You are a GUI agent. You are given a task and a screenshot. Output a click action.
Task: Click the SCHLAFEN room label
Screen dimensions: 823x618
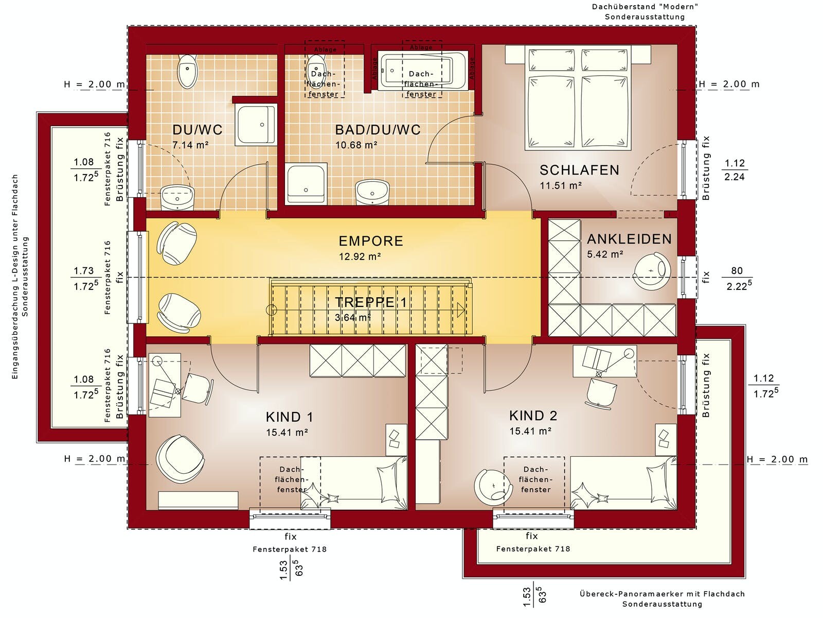pyautogui.click(x=579, y=170)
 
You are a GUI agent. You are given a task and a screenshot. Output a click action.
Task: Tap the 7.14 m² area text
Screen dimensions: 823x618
pyautogui.click(x=190, y=145)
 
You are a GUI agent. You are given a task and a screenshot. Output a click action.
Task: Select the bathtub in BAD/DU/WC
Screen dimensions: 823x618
pyautogui.click(x=423, y=71)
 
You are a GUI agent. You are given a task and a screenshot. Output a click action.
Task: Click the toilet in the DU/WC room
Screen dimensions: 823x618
pyautogui.click(x=187, y=71)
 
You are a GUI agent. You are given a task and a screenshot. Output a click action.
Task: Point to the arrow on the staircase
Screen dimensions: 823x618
pyautogui.click(x=461, y=310)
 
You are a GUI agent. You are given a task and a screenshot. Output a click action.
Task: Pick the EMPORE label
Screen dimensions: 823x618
pyautogui.click(x=371, y=241)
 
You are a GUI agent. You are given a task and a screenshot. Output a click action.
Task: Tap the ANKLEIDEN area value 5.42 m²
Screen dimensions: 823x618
pyautogui.click(x=605, y=254)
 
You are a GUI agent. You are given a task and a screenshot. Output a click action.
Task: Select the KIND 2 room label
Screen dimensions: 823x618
pyautogui.click(x=533, y=416)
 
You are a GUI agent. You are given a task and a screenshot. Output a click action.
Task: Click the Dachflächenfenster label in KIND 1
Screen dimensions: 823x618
pyautogui.click(x=292, y=479)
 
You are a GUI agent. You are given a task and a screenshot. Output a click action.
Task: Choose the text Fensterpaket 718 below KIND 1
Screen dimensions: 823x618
pyautogui.click(x=290, y=550)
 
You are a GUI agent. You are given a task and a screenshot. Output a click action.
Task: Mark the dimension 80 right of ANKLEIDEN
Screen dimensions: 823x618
pyautogui.click(x=737, y=270)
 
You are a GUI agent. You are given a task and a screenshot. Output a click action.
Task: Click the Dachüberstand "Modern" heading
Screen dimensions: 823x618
pyautogui.click(x=645, y=6)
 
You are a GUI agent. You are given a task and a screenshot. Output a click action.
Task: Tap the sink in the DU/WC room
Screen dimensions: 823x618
pyautogui.click(x=178, y=197)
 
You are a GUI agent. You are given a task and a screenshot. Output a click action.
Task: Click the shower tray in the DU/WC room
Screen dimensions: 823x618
pyautogui.click(x=257, y=125)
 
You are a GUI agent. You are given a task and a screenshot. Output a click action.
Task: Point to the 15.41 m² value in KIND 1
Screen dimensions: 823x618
pyautogui.click(x=287, y=432)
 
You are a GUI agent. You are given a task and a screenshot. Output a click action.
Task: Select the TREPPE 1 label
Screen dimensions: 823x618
pyautogui.click(x=370, y=302)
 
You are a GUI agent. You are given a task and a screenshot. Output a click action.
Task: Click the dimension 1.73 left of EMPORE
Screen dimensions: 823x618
pyautogui.click(x=84, y=270)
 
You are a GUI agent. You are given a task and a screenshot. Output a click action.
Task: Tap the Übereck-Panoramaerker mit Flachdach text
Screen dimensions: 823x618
pyautogui.click(x=662, y=594)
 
